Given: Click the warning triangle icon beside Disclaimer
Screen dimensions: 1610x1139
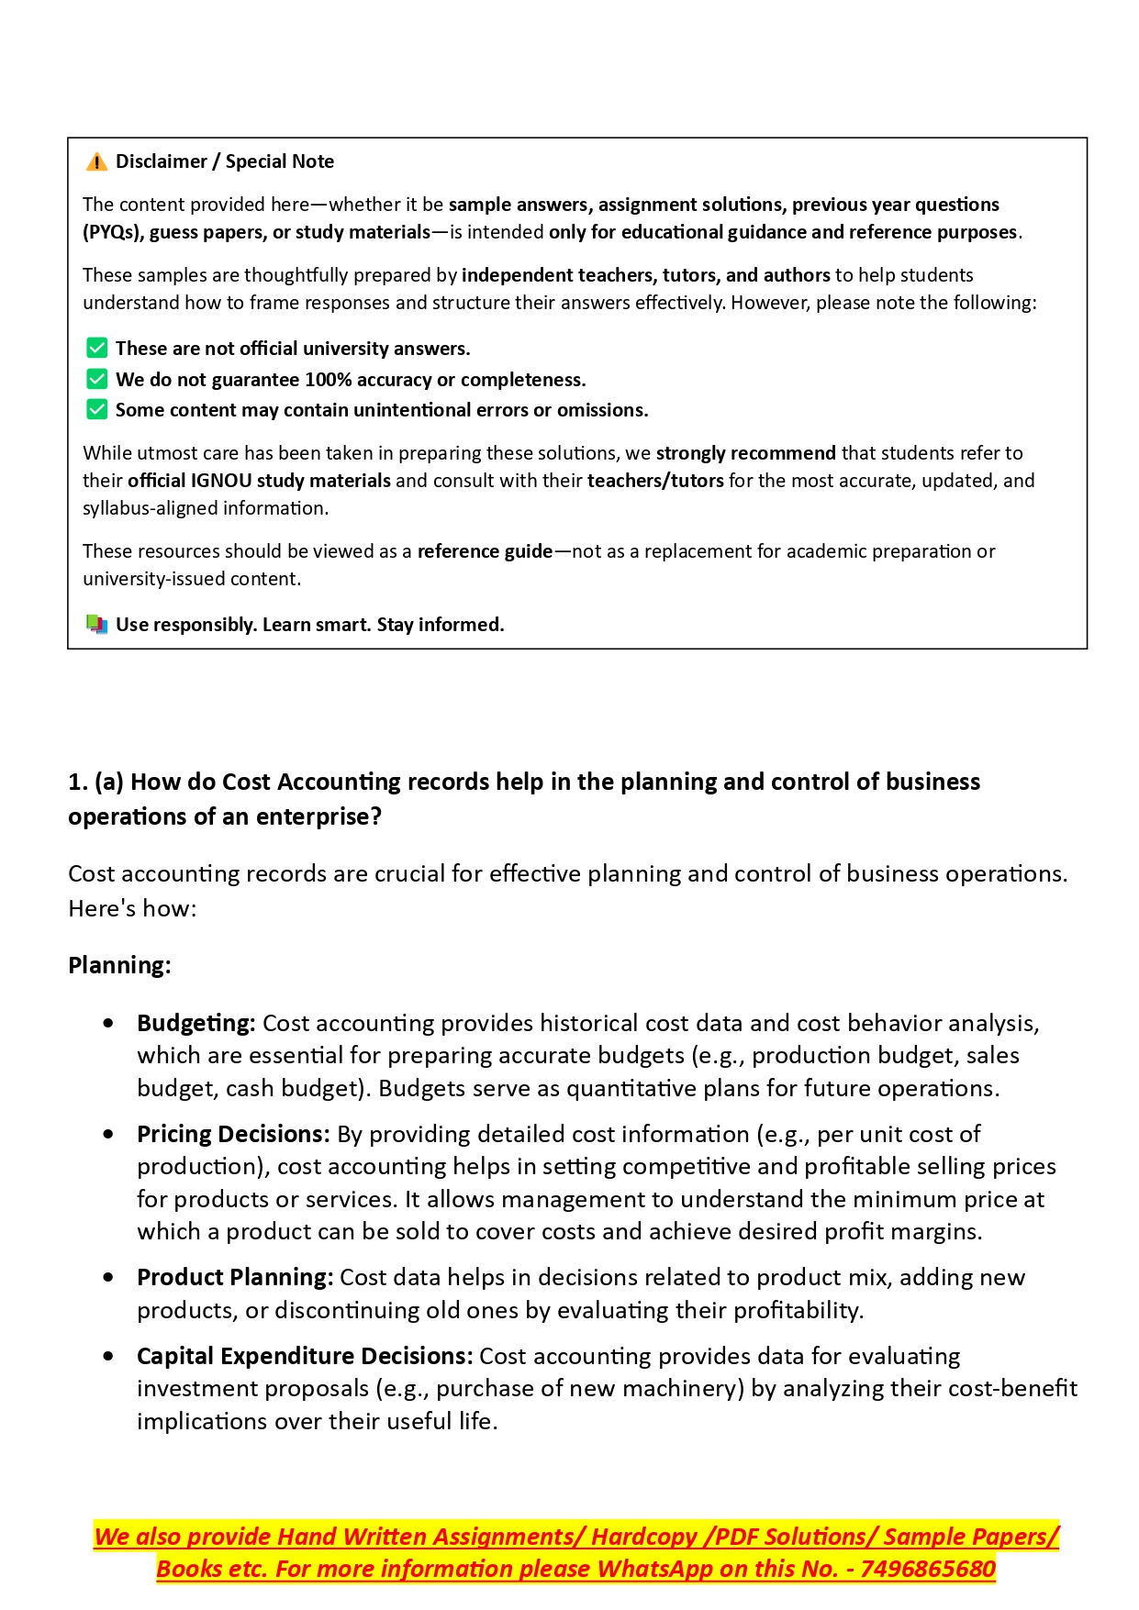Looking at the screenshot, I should pyautogui.click(x=96, y=162).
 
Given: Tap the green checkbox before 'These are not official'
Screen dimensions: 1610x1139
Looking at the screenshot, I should pyautogui.click(x=96, y=349).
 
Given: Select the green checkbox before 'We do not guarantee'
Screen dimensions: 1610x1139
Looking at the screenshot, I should pyautogui.click(x=96, y=380).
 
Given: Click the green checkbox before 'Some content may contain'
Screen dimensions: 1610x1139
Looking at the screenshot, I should pyautogui.click(x=96, y=410).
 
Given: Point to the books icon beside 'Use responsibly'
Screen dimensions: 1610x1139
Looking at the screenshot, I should pyautogui.click(x=96, y=625).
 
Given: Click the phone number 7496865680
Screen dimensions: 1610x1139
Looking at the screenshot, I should pyautogui.click(x=927, y=1569).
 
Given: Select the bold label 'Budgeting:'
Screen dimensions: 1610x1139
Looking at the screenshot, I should pyautogui.click(x=195, y=1023).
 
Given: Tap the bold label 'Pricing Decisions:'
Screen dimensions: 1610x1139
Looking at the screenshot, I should pyautogui.click(x=233, y=1134).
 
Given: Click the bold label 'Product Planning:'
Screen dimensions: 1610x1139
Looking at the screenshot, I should pyautogui.click(x=235, y=1277).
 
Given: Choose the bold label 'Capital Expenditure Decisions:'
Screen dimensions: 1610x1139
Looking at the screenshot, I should pyautogui.click(x=305, y=1356).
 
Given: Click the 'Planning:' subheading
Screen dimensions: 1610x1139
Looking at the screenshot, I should pyautogui.click(x=119, y=965).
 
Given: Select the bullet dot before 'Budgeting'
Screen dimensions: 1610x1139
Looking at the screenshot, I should pyautogui.click(x=109, y=1023).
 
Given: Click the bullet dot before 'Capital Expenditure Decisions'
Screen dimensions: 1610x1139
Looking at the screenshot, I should pyautogui.click(x=109, y=1356).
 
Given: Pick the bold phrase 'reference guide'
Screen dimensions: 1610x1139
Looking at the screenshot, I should pyautogui.click(x=485, y=551).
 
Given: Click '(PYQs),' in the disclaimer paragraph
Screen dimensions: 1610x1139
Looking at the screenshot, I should pyautogui.click(x=113, y=232).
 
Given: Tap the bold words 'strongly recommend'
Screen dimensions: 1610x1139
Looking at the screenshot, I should pyautogui.click(x=745, y=453).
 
